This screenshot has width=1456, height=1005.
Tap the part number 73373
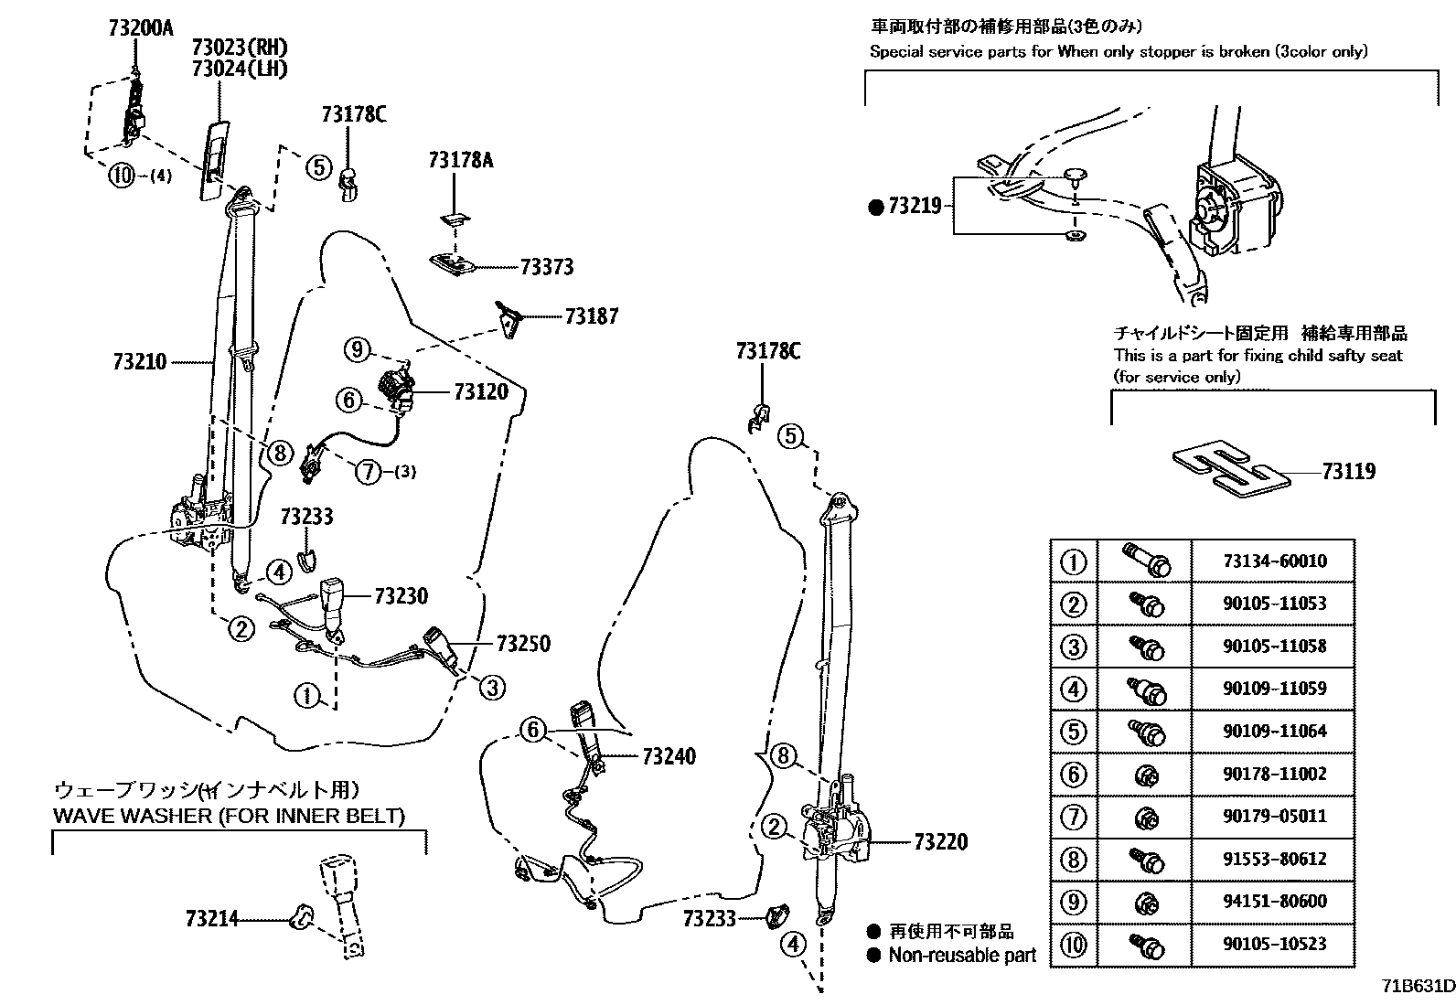click(x=546, y=267)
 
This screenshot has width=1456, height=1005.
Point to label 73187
click(x=591, y=316)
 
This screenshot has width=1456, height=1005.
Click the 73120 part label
click(x=480, y=392)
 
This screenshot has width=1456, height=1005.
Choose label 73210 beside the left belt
click(x=140, y=362)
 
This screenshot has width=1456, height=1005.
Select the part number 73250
click(x=523, y=644)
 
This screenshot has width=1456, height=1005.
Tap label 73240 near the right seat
click(x=669, y=756)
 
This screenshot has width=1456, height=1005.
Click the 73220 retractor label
click(x=940, y=841)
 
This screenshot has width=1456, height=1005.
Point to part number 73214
click(x=211, y=918)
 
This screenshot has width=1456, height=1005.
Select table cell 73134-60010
click(x=1274, y=561)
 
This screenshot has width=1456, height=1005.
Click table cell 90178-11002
click(x=1274, y=774)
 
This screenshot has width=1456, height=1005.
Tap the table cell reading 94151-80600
click(x=1274, y=902)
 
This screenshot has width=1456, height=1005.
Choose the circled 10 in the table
click(x=1074, y=945)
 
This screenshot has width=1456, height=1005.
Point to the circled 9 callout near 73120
click(x=357, y=348)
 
